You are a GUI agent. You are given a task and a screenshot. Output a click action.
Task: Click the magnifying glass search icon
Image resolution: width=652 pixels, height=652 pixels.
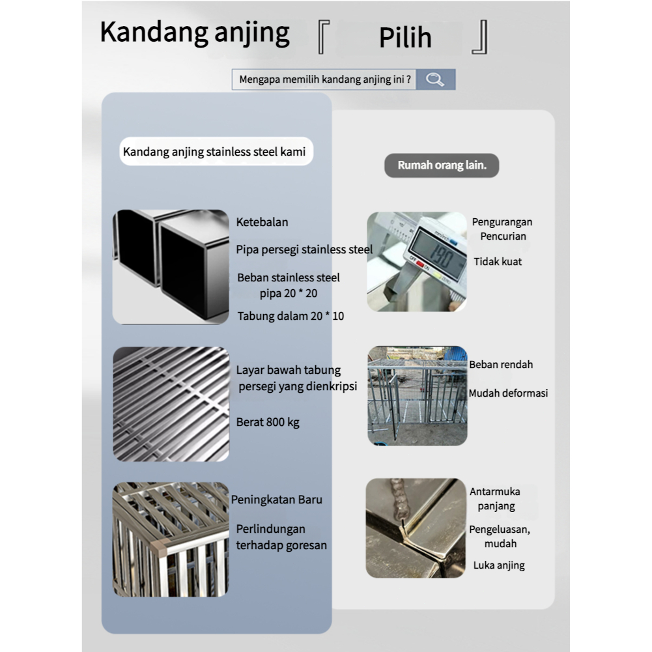coord(435,80)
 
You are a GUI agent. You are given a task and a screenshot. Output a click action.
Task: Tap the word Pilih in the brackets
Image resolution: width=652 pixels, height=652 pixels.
coord(405,38)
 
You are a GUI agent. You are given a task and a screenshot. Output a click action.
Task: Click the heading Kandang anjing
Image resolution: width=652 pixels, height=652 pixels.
coord(195,33)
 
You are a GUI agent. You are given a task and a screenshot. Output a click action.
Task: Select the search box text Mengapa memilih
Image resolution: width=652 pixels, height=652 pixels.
coord(324,80)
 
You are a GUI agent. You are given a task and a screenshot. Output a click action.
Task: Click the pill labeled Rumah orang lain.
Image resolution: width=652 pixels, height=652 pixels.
coord(442,165)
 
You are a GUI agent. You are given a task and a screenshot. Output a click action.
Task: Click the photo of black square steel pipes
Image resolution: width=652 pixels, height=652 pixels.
coord(171,266)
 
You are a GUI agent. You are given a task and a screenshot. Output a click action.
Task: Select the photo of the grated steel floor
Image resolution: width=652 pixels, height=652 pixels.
coord(171,404)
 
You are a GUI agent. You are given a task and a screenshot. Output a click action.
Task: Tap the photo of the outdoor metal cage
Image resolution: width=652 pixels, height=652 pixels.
coord(417,395)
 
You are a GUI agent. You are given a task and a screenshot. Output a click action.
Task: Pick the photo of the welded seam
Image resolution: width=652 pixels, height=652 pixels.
coord(416,528)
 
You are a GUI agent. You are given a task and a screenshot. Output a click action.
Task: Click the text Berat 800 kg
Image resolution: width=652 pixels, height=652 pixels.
coord(268,422)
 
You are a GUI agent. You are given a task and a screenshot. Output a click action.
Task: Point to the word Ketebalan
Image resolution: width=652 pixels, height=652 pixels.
coord(262,222)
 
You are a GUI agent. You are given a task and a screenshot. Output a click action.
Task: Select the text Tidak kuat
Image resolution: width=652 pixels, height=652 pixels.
coord(498,262)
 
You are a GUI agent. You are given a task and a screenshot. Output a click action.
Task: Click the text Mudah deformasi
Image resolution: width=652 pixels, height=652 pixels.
coord(508,393)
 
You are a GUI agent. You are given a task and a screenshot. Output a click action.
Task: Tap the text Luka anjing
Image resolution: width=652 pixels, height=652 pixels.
coord(499,565)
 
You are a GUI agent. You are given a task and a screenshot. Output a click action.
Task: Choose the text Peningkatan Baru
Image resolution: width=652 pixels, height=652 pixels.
coord(277,500)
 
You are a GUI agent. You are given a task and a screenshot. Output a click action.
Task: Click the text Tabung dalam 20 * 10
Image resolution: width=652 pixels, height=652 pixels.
coord(291,317)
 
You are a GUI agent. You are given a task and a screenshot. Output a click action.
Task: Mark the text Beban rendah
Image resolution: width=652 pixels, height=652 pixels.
coord(501,365)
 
